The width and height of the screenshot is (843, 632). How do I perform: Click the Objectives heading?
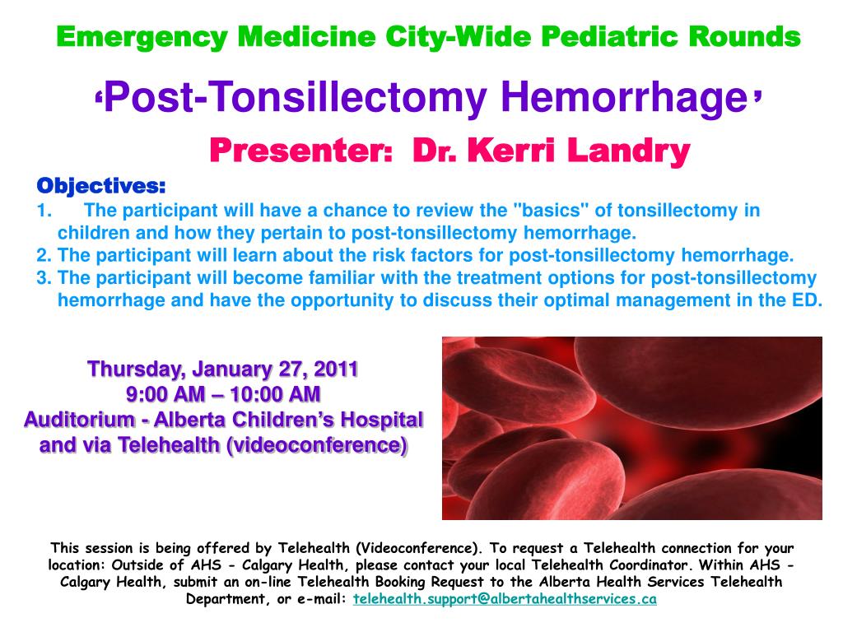[x=101, y=184]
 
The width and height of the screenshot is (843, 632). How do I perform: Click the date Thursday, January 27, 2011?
[x=223, y=368]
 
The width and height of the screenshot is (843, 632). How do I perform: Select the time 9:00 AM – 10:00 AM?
[x=223, y=393]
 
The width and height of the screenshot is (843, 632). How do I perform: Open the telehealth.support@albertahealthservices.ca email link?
[x=504, y=599]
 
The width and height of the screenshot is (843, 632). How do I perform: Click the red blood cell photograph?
[x=631, y=428]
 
